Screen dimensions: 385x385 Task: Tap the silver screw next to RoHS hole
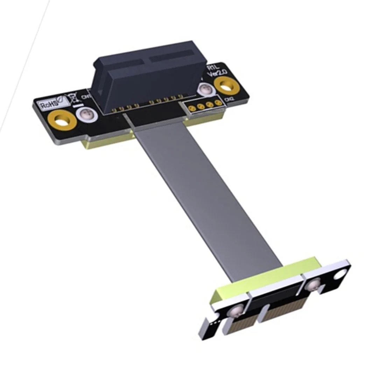pyautogui.click(x=84, y=115)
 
